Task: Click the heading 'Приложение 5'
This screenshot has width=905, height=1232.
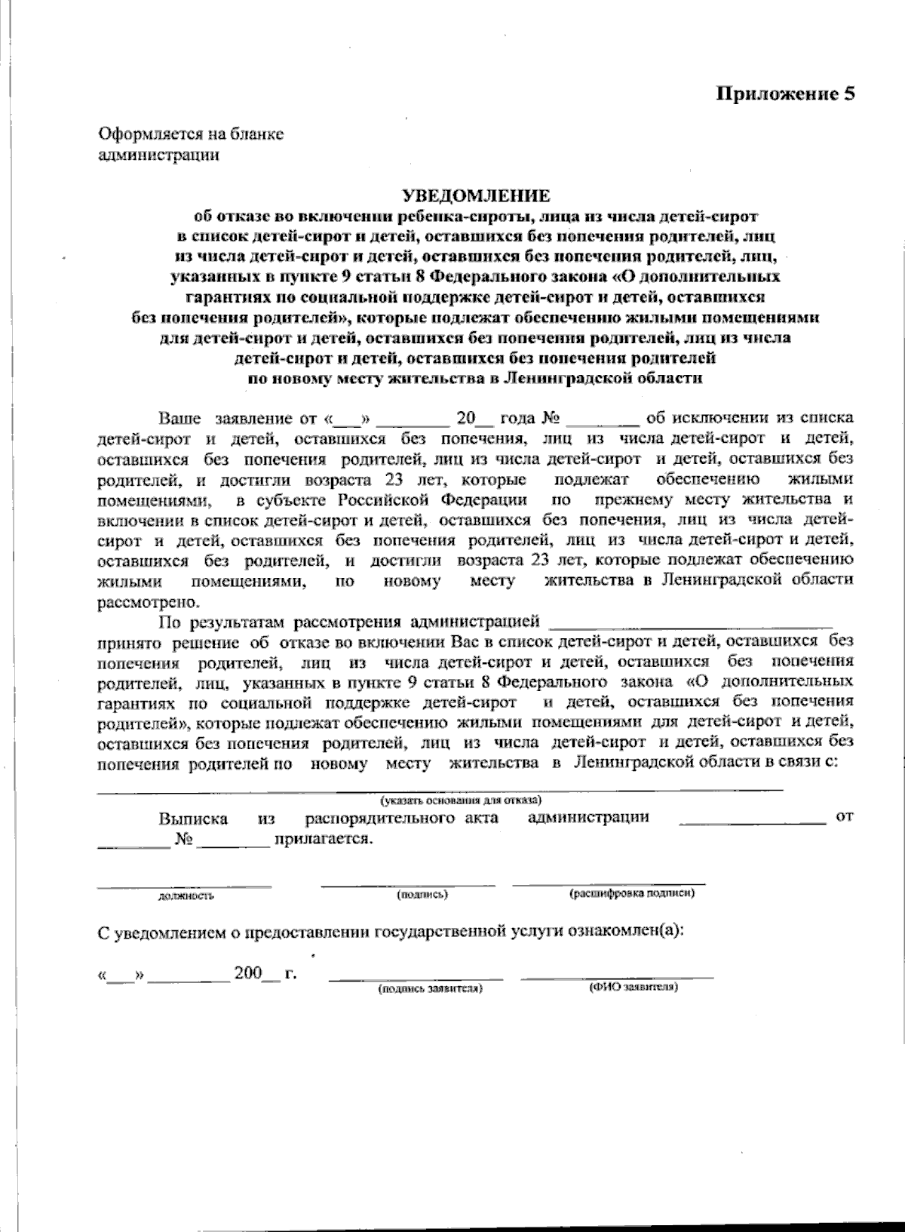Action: click(x=785, y=94)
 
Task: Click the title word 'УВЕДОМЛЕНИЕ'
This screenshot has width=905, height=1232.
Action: click(x=475, y=196)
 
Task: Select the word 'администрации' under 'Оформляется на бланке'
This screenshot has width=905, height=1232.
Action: click(x=158, y=155)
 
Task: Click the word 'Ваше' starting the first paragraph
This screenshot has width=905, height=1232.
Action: click(x=179, y=418)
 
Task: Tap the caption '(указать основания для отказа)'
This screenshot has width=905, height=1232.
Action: click(x=461, y=800)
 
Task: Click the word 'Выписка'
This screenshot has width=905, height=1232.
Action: click(x=193, y=819)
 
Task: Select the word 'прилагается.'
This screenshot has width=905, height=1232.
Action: click(x=324, y=839)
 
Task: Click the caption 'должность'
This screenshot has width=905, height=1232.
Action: click(x=186, y=896)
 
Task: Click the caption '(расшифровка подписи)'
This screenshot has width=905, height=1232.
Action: click(x=631, y=893)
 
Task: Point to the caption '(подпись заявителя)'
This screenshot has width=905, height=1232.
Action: click(x=430, y=988)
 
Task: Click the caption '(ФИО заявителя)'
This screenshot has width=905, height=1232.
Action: click(x=633, y=987)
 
